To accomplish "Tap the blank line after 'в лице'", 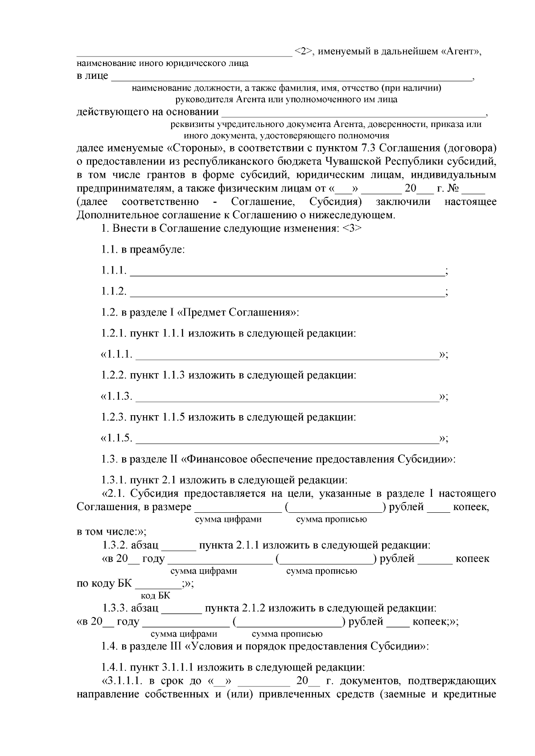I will [292, 78].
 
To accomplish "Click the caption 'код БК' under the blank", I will [155, 596].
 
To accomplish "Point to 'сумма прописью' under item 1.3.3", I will [287, 634].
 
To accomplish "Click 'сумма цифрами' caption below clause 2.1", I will [228, 519].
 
